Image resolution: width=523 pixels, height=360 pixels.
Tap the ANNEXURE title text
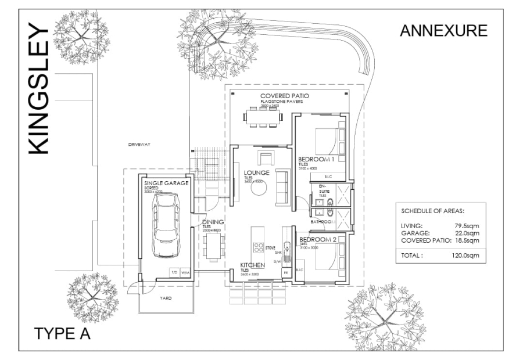click(443, 31)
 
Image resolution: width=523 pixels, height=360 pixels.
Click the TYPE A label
click(62, 334)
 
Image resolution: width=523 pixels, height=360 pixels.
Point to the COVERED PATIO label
click(284, 96)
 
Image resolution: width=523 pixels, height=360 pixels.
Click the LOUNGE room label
click(256, 173)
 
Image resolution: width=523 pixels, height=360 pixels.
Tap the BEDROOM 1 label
click(317, 159)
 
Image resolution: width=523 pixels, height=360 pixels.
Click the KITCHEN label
click(253, 265)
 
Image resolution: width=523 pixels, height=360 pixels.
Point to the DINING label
click(213, 222)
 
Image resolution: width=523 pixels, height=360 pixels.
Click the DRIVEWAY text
click(139, 145)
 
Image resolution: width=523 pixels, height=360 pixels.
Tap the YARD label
click(166, 298)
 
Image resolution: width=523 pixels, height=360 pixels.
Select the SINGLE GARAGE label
click(167, 183)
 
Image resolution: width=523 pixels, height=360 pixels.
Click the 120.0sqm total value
click(465, 255)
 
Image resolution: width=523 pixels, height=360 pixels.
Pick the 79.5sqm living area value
click(467, 226)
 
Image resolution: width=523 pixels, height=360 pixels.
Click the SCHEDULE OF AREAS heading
click(432, 211)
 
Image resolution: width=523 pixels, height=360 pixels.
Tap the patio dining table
click(263, 116)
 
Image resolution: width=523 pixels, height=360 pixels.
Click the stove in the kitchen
click(258, 247)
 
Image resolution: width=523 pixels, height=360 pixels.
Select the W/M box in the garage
click(185, 272)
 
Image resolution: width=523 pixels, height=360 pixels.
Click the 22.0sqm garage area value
click(467, 233)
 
